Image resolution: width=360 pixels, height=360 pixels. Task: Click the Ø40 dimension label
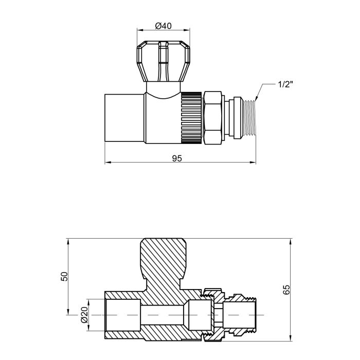[163, 26]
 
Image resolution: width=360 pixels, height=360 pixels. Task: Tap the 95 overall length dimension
[176, 158]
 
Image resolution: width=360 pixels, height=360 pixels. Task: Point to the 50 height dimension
[64, 277]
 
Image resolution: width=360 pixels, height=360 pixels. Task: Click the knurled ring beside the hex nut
[191, 116]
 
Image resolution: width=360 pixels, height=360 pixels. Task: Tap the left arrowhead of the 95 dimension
[107, 163]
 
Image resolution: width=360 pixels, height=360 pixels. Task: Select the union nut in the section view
[213, 314]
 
